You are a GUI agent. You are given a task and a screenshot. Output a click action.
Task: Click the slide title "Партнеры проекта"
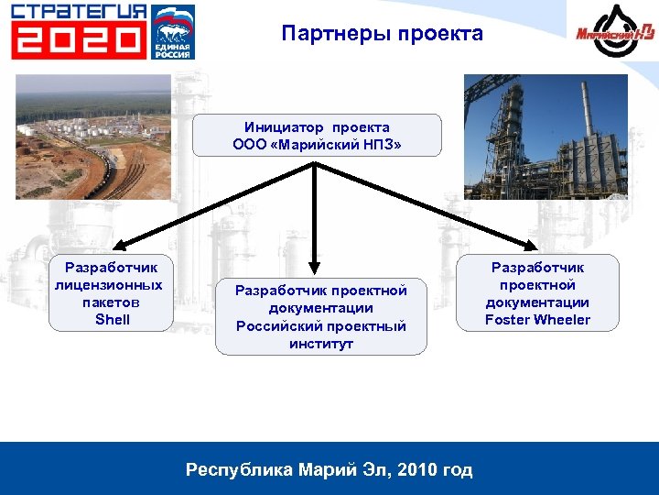click(x=383, y=34)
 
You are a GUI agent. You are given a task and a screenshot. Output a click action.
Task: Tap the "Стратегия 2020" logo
click(x=79, y=31)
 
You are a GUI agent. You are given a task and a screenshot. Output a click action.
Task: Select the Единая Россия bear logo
click(x=173, y=31)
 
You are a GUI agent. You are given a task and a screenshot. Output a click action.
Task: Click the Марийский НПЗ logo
click(x=611, y=32)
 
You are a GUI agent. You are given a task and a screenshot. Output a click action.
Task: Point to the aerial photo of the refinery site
click(x=93, y=137)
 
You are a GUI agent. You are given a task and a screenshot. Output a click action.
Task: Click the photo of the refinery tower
click(x=546, y=137)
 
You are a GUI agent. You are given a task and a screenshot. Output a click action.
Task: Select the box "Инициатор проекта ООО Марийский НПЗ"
click(x=317, y=136)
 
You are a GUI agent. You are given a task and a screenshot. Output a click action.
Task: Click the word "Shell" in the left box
click(x=112, y=320)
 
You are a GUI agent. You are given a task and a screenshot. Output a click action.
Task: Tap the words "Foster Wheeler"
click(x=537, y=320)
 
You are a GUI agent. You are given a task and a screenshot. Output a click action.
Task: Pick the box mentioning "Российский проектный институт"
click(x=320, y=316)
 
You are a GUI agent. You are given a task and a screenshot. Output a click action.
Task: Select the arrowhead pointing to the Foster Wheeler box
click(x=530, y=245)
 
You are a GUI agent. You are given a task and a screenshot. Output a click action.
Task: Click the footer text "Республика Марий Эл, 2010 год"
click(x=329, y=470)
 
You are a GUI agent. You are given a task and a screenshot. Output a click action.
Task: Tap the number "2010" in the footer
click(x=416, y=470)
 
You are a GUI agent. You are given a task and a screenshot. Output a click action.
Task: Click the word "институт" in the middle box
click(x=320, y=344)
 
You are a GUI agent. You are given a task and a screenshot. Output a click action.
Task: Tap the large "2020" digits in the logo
click(x=79, y=40)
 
